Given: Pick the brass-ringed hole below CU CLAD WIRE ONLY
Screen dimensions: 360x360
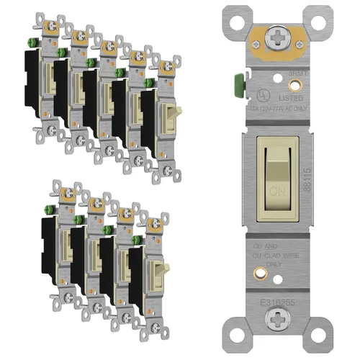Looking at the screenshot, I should (x=276, y=274).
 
